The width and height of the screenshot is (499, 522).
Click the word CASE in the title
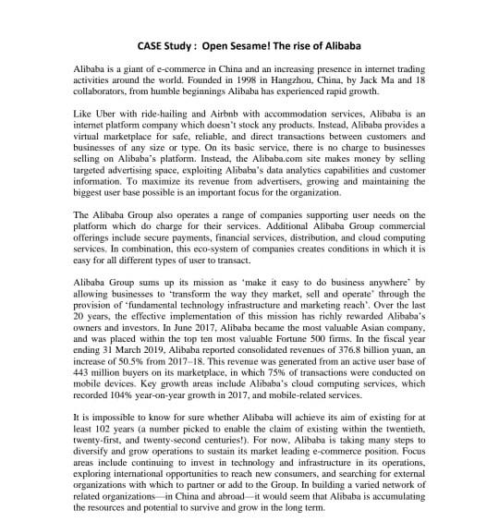(154, 44)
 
